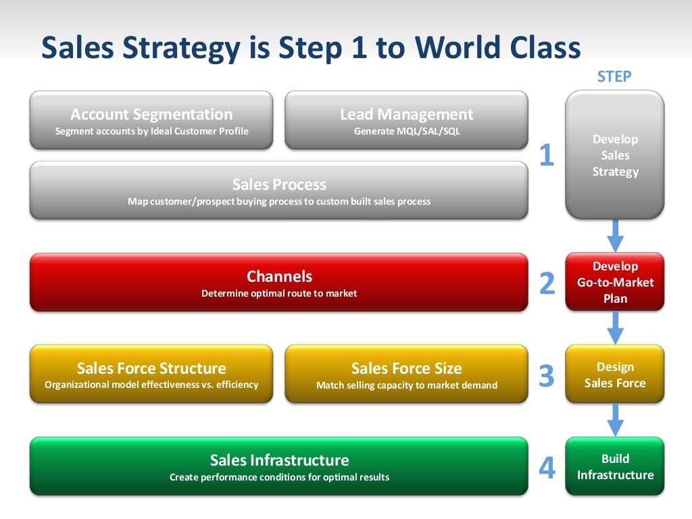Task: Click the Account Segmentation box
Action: point(151,120)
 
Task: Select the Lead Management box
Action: point(406,120)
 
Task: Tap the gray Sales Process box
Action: point(278,191)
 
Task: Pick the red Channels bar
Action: point(278,282)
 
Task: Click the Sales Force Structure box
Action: point(151,374)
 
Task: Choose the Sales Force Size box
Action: point(406,374)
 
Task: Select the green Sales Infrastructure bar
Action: point(278,466)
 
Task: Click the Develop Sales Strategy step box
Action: point(615,155)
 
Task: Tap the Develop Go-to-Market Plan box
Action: point(615,282)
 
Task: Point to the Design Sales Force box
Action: point(615,374)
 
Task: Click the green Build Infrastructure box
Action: point(615,466)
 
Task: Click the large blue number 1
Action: point(547,156)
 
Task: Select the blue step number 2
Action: point(547,284)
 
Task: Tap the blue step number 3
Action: point(547,376)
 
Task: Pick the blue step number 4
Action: point(547,468)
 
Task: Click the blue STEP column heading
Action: point(614,76)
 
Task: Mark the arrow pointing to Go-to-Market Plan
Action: point(615,235)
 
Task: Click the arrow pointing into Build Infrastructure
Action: point(615,419)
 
